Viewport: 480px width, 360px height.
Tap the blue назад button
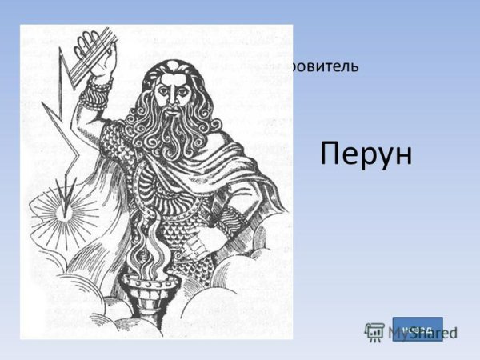pyautogui.click(x=417, y=329)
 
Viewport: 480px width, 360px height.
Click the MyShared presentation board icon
pyautogui.click(x=375, y=332)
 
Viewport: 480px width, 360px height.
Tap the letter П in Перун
pyautogui.click(x=330, y=153)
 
